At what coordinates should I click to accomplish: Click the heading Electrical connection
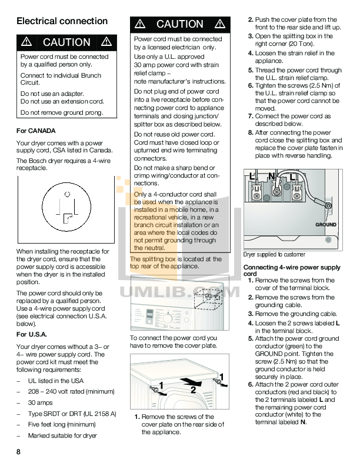62,21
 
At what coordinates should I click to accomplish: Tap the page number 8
19,451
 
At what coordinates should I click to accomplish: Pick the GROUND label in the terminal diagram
326,225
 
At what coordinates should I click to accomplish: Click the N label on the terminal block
271,176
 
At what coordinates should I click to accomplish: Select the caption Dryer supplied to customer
274,254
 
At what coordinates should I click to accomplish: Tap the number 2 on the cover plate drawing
192,389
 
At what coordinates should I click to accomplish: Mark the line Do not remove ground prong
61,112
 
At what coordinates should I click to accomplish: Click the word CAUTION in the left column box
66,42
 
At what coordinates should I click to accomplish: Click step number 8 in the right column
251,133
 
